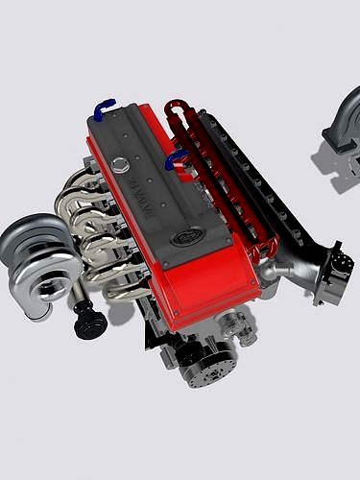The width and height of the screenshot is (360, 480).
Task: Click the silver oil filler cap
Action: pyautogui.click(x=118, y=165)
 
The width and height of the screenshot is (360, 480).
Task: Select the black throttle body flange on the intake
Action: pyautogui.click(x=332, y=274)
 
